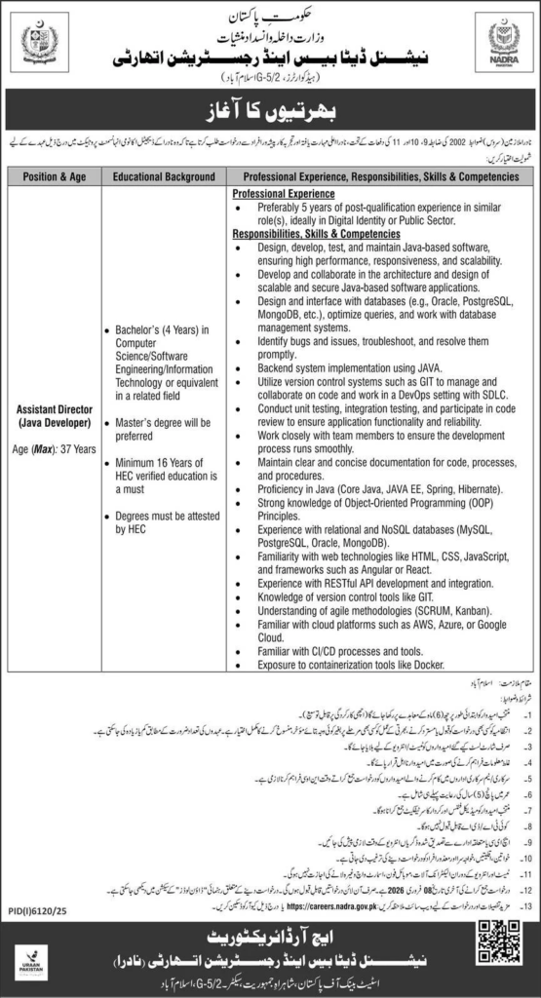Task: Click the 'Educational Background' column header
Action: pyautogui.click(x=163, y=177)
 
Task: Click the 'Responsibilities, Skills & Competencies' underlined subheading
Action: pyautogui.click(x=317, y=235)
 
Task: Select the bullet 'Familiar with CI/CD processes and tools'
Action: pyautogui.click(x=340, y=650)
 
